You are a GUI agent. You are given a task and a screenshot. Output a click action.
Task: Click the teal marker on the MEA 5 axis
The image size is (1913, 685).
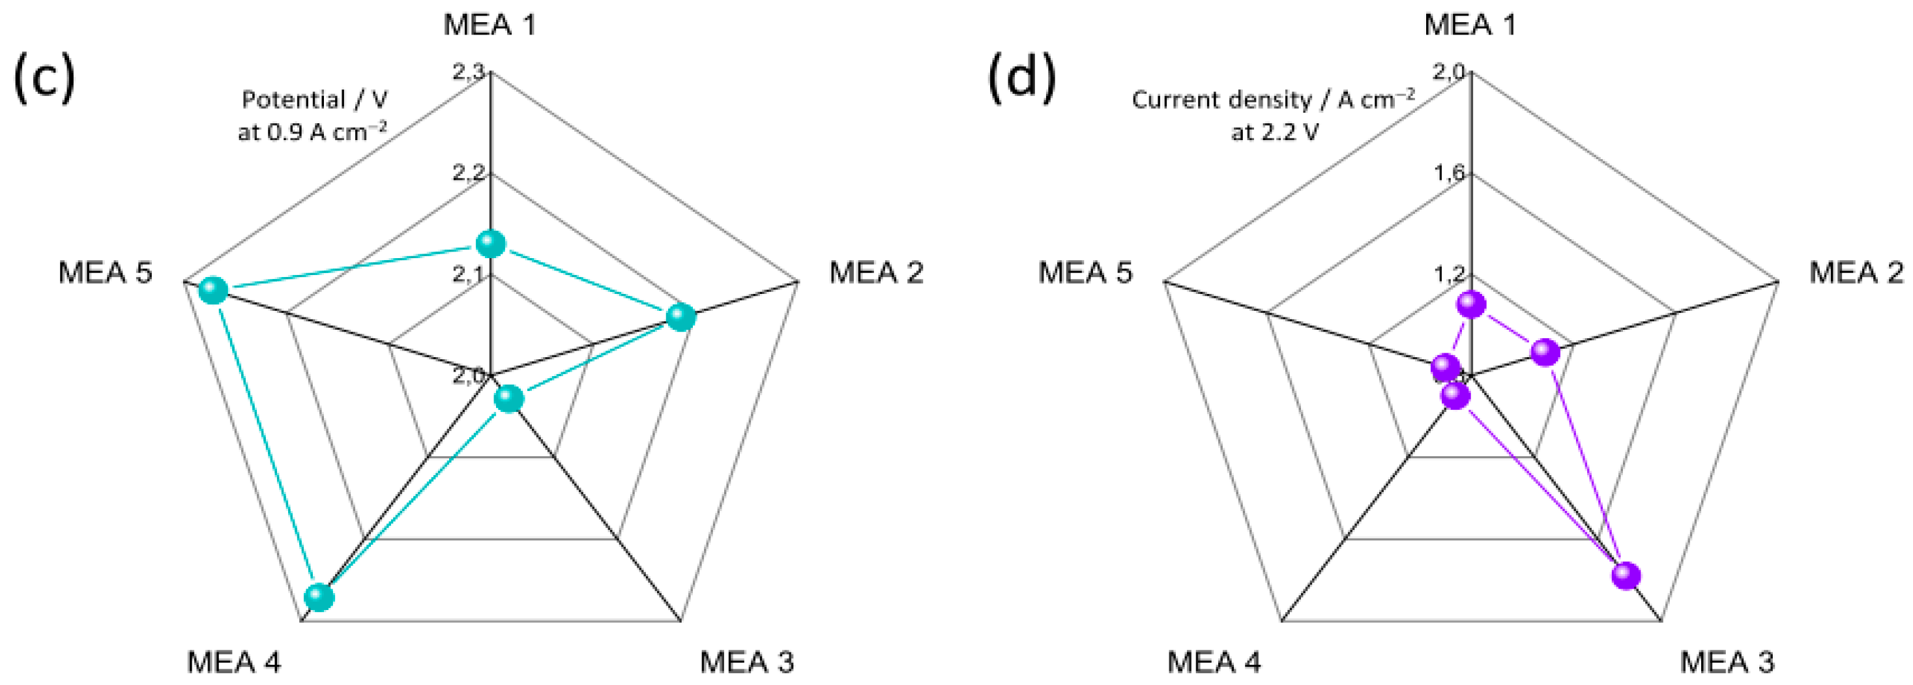pyautogui.click(x=213, y=290)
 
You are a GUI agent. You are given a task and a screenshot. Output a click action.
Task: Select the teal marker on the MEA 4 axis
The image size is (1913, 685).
pyautogui.click(x=319, y=596)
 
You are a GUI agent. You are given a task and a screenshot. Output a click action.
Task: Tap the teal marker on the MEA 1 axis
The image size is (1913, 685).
pyautogui.click(x=490, y=243)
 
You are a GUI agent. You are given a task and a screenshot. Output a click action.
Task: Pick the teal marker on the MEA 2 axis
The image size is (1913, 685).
pyautogui.click(x=680, y=317)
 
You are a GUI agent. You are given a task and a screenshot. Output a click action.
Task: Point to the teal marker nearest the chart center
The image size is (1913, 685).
pyautogui.click(x=508, y=399)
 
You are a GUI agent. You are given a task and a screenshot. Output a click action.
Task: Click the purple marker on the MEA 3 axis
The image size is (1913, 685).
pyautogui.click(x=1626, y=575)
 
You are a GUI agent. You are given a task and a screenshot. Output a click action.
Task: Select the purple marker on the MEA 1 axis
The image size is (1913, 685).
pyautogui.click(x=1471, y=304)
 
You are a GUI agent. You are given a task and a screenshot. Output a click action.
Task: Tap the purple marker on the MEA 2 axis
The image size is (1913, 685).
pyautogui.click(x=1545, y=352)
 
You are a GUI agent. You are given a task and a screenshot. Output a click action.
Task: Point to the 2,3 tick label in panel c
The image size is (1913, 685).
pyautogui.click(x=469, y=72)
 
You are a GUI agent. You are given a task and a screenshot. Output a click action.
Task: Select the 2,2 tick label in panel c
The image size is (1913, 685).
pyautogui.click(x=469, y=173)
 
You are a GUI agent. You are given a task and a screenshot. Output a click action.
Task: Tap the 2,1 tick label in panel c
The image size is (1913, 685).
pyautogui.click(x=469, y=274)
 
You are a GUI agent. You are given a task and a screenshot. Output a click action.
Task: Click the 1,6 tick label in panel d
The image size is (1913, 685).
pyautogui.click(x=1450, y=173)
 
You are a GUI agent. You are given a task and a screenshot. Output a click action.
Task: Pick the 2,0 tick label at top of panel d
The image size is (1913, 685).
pyautogui.click(x=1449, y=72)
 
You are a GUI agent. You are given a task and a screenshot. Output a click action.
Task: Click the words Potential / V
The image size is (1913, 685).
pyautogui.click(x=315, y=100)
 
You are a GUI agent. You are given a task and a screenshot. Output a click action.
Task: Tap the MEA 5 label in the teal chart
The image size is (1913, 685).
pyautogui.click(x=106, y=272)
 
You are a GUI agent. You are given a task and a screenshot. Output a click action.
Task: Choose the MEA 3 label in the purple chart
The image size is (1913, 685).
pyautogui.click(x=1727, y=662)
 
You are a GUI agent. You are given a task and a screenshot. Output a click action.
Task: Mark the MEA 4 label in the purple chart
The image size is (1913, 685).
pyautogui.click(x=1214, y=662)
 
